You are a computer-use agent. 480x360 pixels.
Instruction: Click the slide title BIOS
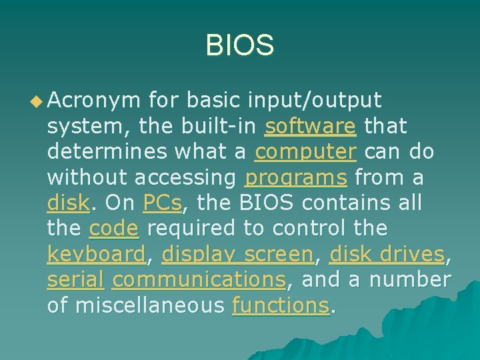tap(239, 45)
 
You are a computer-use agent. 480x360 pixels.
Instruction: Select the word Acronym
tap(94, 101)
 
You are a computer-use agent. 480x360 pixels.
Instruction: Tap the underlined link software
tap(310, 126)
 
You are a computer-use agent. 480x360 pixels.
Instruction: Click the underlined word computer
tap(305, 152)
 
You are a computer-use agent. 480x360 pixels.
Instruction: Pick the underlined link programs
tap(295, 177)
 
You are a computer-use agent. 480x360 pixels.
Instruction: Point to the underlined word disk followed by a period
tap(67, 203)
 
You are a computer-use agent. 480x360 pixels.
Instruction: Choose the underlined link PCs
tap(161, 203)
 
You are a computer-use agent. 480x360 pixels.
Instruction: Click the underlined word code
tap(113, 229)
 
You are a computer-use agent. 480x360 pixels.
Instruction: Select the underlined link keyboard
tap(96, 254)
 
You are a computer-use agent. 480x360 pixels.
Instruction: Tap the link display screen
tap(237, 254)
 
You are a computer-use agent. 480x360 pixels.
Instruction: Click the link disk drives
tap(387, 254)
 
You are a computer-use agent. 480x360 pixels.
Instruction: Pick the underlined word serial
tap(75, 280)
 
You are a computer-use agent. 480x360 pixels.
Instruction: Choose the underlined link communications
tap(199, 280)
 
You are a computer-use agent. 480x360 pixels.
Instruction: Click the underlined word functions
tap(280, 305)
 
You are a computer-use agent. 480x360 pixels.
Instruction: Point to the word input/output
tap(315, 101)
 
